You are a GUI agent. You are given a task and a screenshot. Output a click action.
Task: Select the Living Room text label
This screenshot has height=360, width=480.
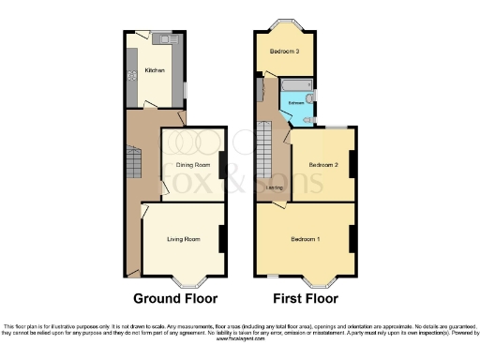[185, 239]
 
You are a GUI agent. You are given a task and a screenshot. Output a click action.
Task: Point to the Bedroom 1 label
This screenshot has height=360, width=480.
[306, 239]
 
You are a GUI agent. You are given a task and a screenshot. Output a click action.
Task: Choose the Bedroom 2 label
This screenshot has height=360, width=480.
[322, 165]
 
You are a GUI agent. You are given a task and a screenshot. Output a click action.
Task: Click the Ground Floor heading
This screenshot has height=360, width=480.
[175, 299]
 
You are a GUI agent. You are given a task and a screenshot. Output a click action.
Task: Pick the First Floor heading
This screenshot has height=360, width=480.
[305, 299]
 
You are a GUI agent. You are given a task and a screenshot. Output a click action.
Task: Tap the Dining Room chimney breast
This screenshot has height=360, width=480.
[221, 165]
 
